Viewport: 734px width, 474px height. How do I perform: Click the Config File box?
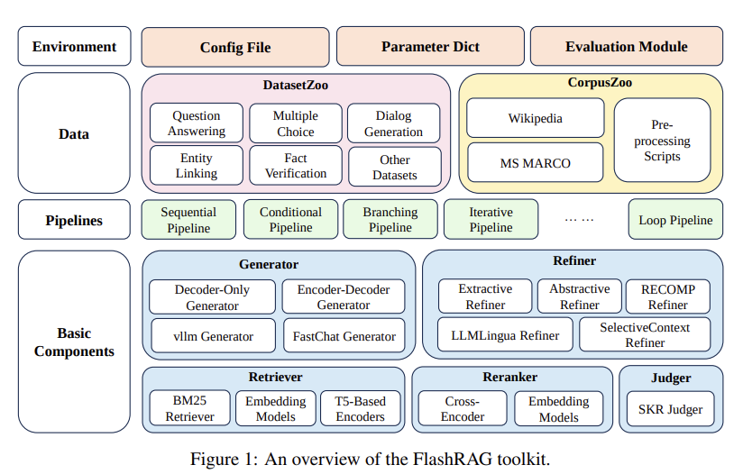[x=235, y=47]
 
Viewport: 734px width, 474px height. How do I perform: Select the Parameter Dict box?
[x=430, y=47]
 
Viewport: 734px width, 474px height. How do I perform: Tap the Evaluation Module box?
[x=626, y=47]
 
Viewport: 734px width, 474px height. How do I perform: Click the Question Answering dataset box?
[x=197, y=123]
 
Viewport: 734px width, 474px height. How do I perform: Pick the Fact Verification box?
[x=296, y=166]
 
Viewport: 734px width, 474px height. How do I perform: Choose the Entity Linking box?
[x=197, y=166]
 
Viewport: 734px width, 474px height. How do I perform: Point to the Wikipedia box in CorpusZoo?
[x=535, y=118]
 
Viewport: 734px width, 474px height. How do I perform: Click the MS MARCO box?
[x=535, y=163]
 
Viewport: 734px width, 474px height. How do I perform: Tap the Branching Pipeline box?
[x=390, y=220]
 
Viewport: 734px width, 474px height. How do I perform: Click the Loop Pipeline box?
[x=674, y=220]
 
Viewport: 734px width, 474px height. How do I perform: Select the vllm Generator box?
[x=214, y=336]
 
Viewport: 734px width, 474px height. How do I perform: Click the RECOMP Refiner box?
[x=667, y=296]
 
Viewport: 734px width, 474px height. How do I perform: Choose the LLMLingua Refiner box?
[x=505, y=335]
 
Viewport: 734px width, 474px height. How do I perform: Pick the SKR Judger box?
[x=670, y=409]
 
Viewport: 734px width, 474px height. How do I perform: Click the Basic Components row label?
[x=74, y=342]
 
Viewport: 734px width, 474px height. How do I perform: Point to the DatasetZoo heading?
[x=295, y=86]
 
